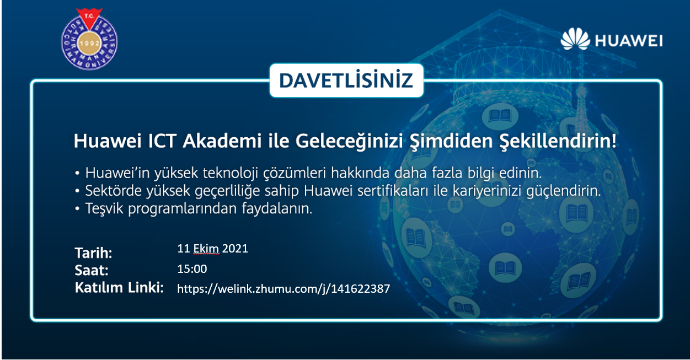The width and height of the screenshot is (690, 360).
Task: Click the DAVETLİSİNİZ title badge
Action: pyautogui.click(x=346, y=80)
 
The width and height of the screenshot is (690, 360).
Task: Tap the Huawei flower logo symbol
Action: pyautogui.click(x=575, y=39)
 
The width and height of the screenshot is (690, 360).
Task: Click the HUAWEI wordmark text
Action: pyautogui.click(x=629, y=41)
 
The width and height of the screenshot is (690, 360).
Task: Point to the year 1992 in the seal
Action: pyautogui.click(x=89, y=43)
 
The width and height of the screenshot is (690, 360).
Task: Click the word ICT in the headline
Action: pyautogui.click(x=162, y=141)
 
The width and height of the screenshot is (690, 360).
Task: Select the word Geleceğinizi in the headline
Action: pyautogui.click(x=349, y=142)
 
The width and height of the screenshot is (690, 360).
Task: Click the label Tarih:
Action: pyautogui.click(x=93, y=253)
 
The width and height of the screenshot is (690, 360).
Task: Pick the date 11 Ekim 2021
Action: pyautogui.click(x=212, y=249)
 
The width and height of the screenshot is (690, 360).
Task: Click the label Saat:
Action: pyautogui.click(x=92, y=270)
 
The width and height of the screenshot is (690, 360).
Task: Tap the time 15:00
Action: pyautogui.click(x=192, y=269)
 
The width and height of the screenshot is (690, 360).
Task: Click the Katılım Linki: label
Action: pyautogui.click(x=119, y=287)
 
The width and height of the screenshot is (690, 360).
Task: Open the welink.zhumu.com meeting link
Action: pyautogui.click(x=284, y=289)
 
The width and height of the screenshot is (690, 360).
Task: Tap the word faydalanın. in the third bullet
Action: pyautogui.click(x=277, y=209)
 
